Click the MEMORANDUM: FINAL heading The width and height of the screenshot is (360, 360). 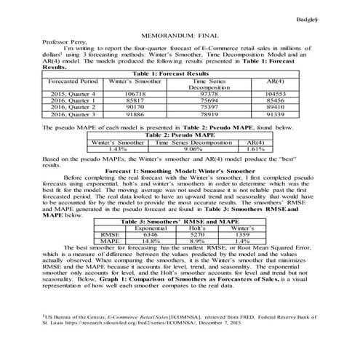click(179, 34)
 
